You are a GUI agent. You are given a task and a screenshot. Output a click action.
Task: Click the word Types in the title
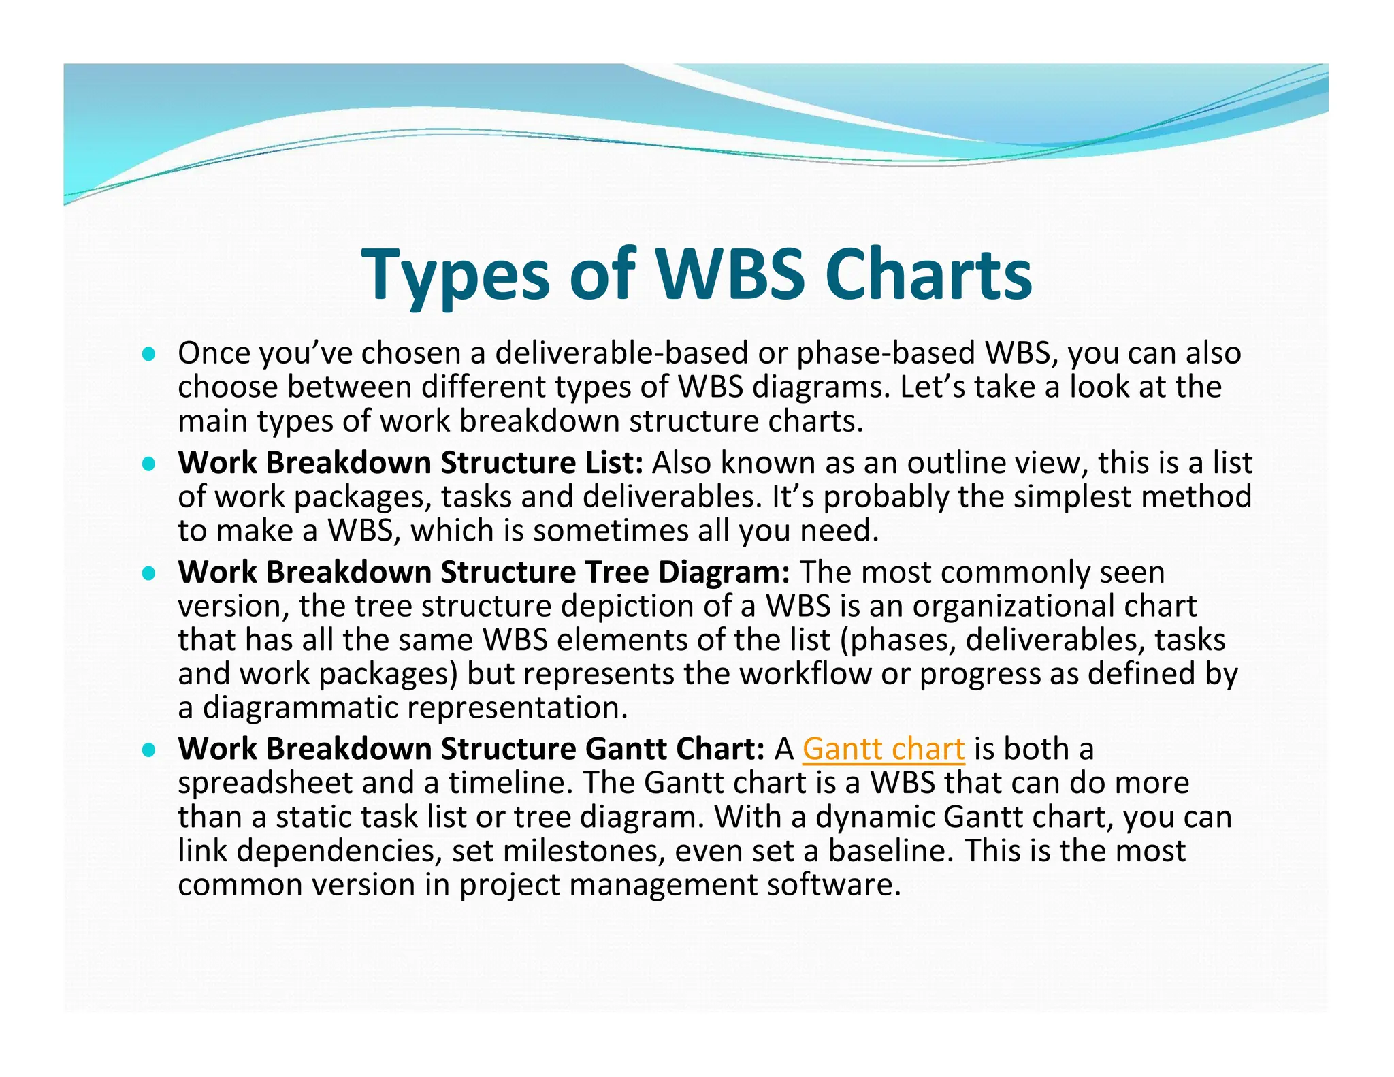point(455,275)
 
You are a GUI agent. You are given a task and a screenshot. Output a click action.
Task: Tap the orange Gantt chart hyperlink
point(883,749)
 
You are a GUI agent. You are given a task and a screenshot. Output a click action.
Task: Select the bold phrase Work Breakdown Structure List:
point(410,463)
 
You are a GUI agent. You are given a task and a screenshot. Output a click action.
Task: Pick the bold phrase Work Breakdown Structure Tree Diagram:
point(484,572)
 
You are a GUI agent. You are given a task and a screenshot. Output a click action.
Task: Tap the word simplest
point(1072,497)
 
